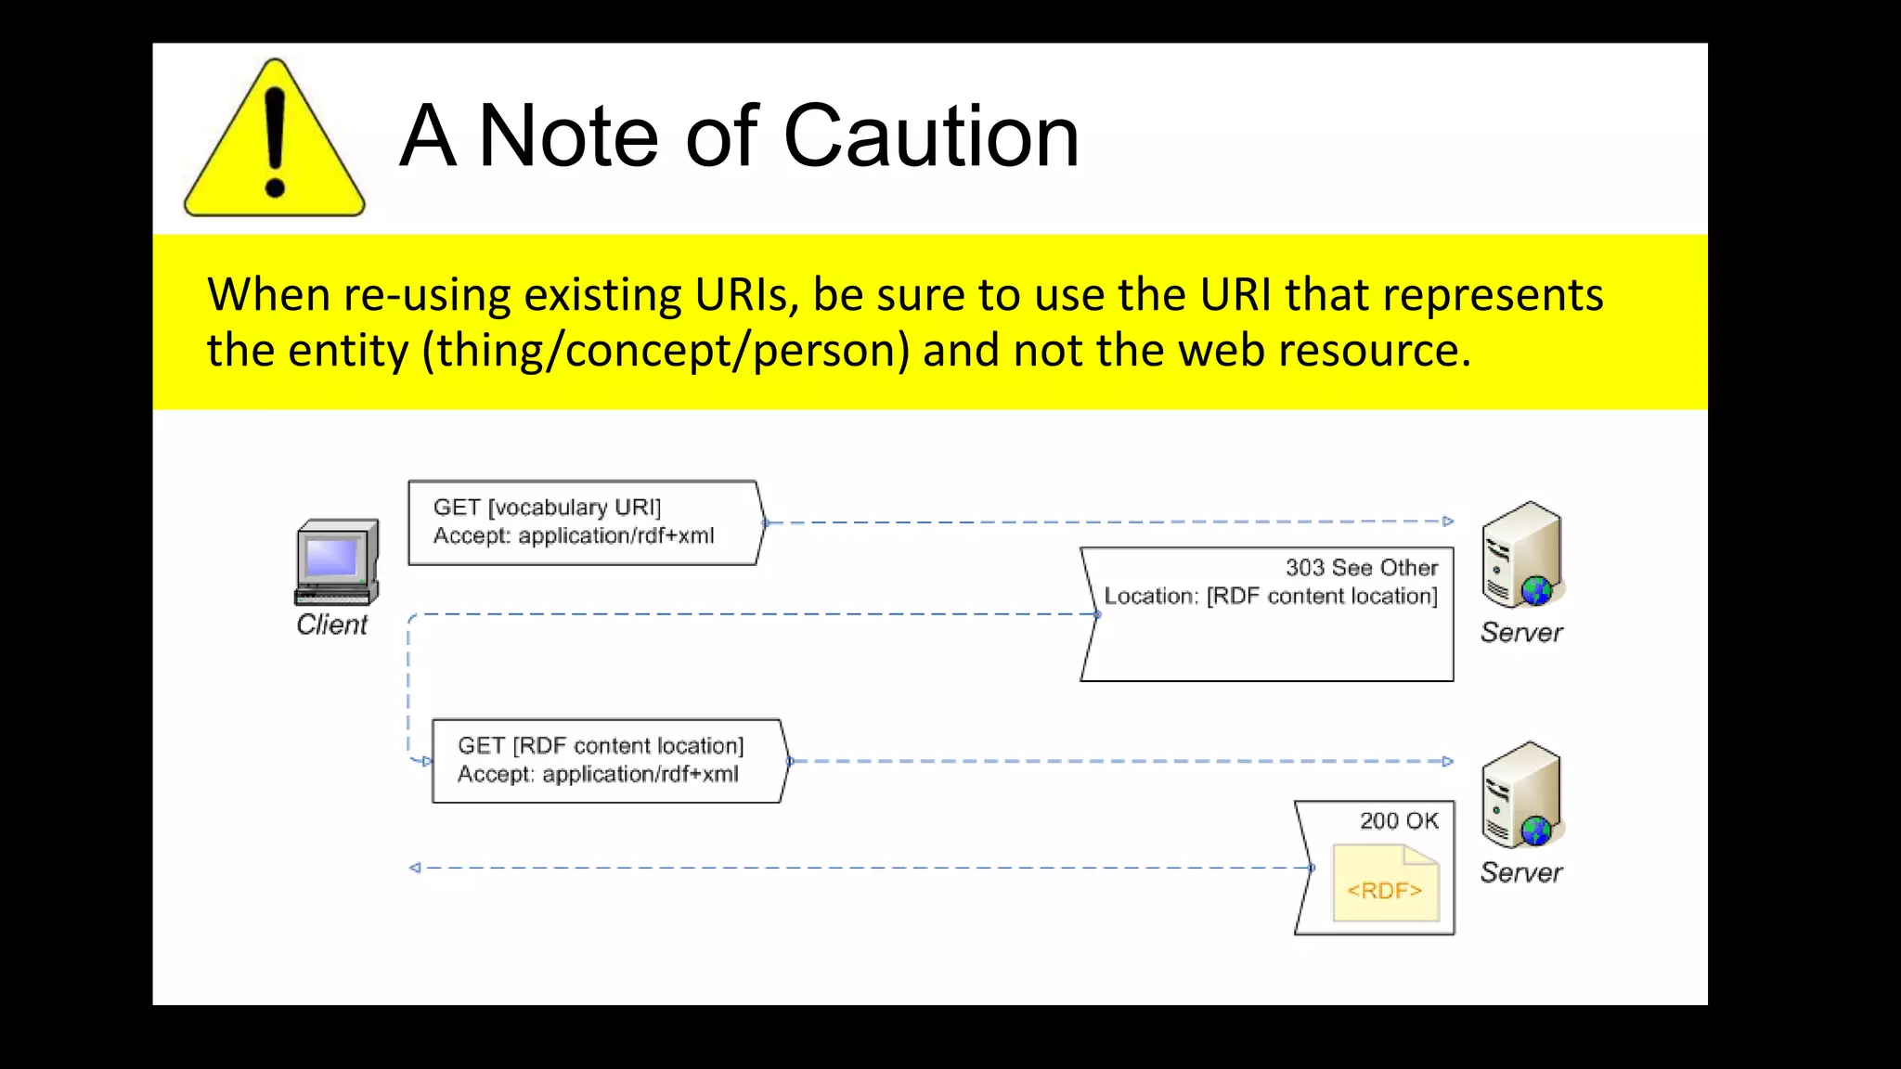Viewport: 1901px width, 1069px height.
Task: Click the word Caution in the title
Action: [931, 136]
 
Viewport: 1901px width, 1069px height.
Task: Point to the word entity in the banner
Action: [347, 351]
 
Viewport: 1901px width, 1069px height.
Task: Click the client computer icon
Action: [337, 562]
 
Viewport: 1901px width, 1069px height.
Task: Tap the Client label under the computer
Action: [331, 625]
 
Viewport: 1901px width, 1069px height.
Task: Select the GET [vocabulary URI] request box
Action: [585, 522]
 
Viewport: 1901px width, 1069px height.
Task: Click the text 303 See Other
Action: [1361, 567]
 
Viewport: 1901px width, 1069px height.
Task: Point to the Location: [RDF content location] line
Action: [1270, 596]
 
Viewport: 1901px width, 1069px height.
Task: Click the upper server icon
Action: [1522, 555]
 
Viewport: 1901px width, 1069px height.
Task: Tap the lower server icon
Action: [1522, 794]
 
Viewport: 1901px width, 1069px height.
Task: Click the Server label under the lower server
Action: [1520, 872]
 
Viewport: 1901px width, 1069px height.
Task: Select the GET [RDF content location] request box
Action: [608, 761]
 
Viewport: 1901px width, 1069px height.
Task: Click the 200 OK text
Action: [1398, 820]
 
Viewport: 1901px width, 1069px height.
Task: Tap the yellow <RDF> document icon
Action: [1385, 883]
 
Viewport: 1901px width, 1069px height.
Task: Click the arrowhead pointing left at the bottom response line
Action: [415, 868]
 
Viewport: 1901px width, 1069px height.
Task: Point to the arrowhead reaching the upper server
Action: [1447, 522]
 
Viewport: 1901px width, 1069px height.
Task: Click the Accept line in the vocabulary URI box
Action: [573, 536]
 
